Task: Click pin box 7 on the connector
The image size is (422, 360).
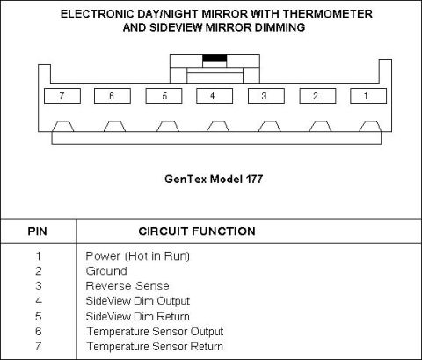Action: coord(62,96)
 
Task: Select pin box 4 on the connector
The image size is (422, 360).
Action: coord(215,96)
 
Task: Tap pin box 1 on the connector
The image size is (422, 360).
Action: coord(368,96)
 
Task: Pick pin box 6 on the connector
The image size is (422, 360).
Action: coord(113,96)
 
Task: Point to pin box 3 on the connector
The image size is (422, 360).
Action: coord(266,96)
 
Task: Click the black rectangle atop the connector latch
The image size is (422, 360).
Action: coord(215,57)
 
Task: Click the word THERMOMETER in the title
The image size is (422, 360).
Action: coord(327,14)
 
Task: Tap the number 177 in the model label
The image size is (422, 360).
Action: coord(254,179)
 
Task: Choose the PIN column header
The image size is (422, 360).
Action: coord(37,231)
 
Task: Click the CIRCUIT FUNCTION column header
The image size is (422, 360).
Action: coord(197,231)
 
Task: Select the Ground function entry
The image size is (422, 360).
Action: coord(106,271)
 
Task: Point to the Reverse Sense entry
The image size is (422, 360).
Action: coord(127,286)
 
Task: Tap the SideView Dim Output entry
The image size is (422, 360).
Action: coord(138,301)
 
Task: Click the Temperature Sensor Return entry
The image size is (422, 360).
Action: coord(155,346)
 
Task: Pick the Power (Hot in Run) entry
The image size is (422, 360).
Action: coord(138,256)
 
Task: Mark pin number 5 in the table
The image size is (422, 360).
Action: coord(39,316)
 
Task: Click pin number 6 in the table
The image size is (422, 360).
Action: coord(39,331)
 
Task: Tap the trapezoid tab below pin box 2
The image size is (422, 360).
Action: coord(320,127)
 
